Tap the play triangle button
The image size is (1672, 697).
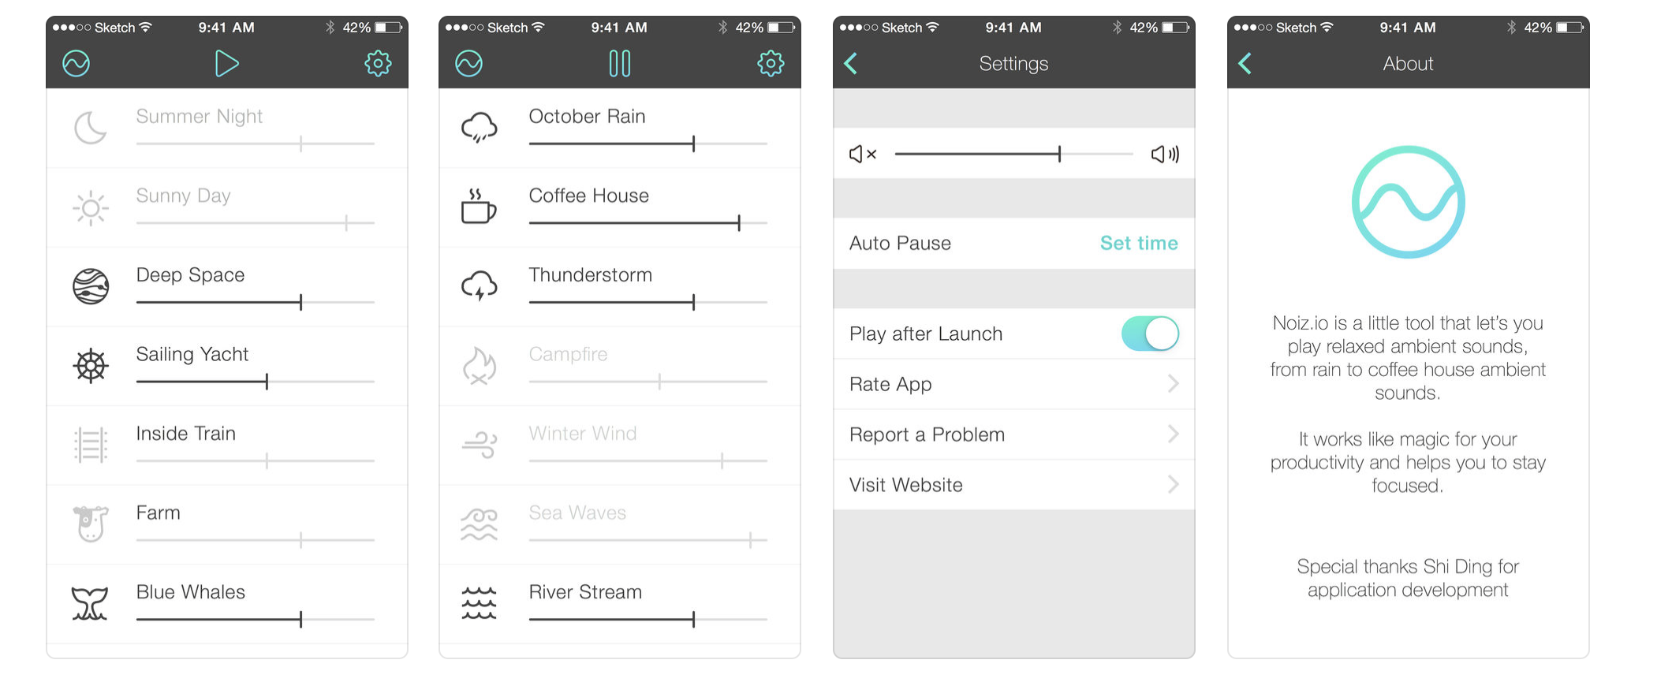click(226, 63)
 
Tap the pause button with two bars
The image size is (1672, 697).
click(620, 63)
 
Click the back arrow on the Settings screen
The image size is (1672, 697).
click(850, 63)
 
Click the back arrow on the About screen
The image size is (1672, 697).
click(1245, 63)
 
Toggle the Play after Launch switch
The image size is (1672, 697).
click(1150, 334)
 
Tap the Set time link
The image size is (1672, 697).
click(1139, 243)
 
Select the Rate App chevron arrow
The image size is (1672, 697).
click(1173, 384)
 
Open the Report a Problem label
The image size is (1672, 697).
click(927, 434)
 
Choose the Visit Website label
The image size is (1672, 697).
click(905, 485)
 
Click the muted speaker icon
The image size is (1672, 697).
click(862, 154)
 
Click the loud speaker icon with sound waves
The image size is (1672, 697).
click(1165, 154)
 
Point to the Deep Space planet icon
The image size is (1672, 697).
click(91, 286)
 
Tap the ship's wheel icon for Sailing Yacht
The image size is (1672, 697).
click(91, 366)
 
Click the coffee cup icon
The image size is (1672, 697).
click(478, 207)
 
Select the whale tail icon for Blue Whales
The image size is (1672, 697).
click(90, 603)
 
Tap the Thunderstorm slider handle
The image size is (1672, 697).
click(693, 302)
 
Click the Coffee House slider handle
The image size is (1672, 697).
click(739, 222)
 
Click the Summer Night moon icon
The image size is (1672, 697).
click(90, 128)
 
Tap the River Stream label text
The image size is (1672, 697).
click(585, 592)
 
